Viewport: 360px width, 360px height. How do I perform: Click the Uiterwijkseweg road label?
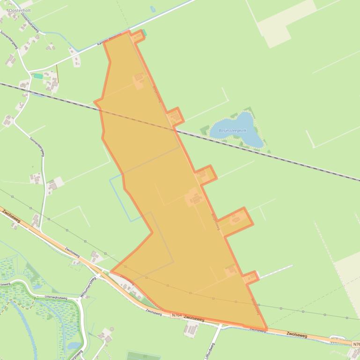point(55,297)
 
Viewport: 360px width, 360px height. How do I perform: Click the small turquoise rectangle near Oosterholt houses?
point(38,76)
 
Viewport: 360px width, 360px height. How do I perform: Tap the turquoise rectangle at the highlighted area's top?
point(144,32)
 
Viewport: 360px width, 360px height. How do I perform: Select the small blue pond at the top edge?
point(153,9)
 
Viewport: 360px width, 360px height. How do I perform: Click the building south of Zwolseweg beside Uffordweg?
point(190,329)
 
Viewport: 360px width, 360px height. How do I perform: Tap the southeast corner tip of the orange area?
point(266,329)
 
